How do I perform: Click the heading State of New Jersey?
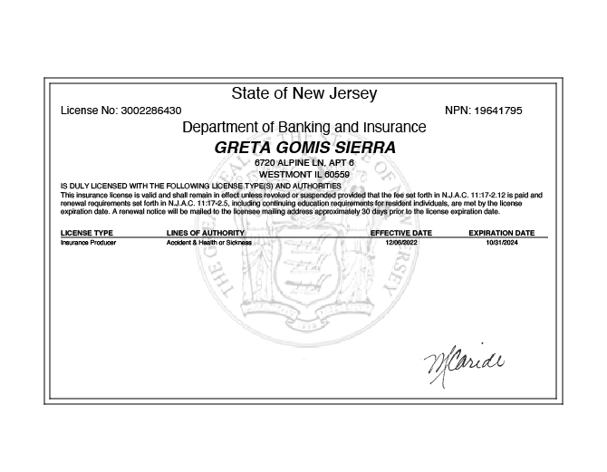click(x=303, y=93)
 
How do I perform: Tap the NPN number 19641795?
click(x=496, y=111)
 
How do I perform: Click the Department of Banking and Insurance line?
click(x=303, y=127)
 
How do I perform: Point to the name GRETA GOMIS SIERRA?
click(x=304, y=147)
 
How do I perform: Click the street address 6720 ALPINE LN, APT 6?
click(x=304, y=163)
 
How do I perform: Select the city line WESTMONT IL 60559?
click(x=304, y=174)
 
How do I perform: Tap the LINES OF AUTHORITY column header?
click(x=206, y=233)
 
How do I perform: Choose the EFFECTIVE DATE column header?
click(x=401, y=233)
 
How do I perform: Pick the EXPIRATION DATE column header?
click(x=501, y=233)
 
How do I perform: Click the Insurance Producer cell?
click(x=88, y=243)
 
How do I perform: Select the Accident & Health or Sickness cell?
click(x=208, y=243)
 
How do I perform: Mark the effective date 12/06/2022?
click(x=401, y=243)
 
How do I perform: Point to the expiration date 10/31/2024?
click(x=501, y=243)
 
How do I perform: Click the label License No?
click(x=90, y=111)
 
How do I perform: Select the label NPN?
click(x=458, y=111)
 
